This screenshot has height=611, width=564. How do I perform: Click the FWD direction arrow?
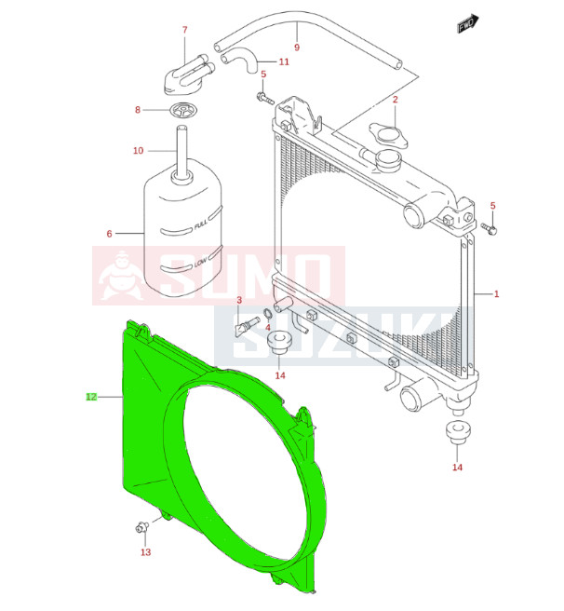[468, 23]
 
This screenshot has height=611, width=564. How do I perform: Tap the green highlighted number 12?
[91, 397]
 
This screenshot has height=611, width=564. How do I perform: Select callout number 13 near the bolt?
[146, 551]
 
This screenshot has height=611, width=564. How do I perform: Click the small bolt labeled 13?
[142, 527]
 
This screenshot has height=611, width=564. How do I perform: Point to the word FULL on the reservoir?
[201, 224]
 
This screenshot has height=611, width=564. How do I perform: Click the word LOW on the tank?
[200, 263]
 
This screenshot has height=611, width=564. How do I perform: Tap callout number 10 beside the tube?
[139, 150]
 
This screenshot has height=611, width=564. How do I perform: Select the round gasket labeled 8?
[182, 110]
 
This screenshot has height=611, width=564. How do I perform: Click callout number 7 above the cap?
[185, 30]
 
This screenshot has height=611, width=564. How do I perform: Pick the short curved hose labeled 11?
[239, 61]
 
